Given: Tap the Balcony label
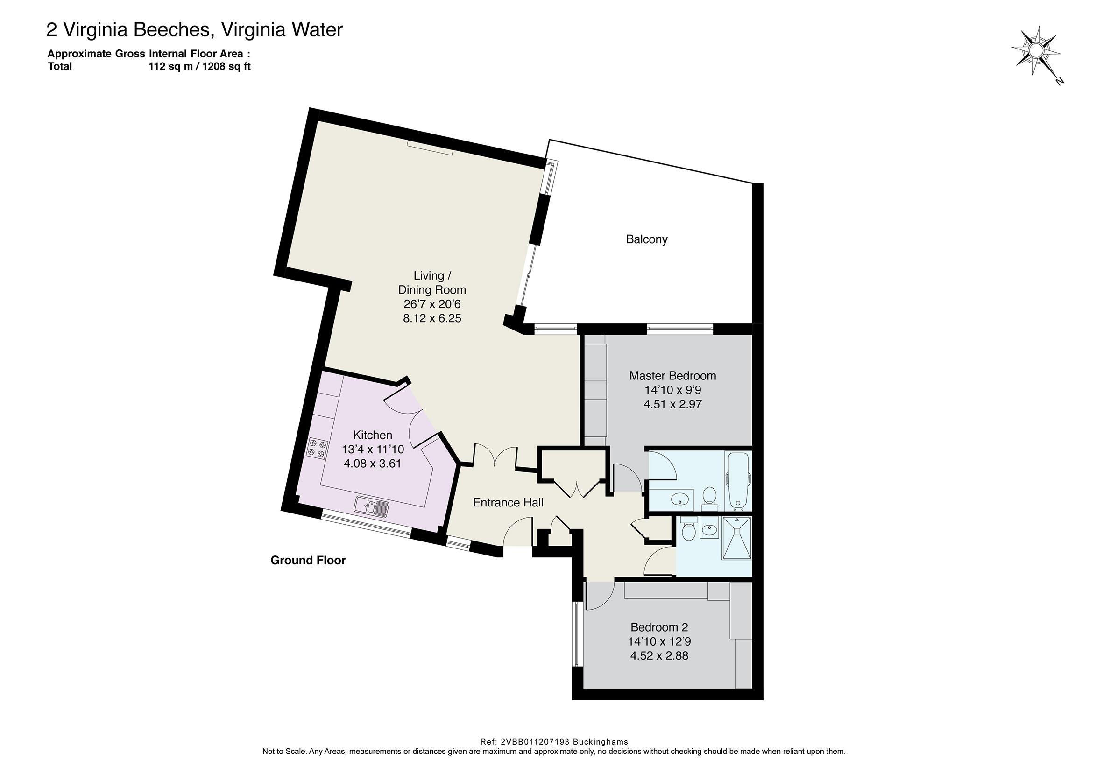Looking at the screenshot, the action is [647, 239].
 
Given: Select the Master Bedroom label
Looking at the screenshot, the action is [672, 376].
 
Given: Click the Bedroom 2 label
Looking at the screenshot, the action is [659, 627].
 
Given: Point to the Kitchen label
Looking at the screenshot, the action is [373, 435].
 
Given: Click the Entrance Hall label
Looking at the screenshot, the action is [508, 502].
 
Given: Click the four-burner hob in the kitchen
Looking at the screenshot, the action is [317, 448].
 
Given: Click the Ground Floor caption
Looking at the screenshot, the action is [308, 560].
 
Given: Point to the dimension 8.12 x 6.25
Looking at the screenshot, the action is [432, 318].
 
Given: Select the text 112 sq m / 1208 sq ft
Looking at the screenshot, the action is [199, 66].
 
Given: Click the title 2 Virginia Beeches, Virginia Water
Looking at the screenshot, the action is [195, 30].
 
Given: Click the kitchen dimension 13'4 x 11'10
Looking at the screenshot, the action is [373, 450].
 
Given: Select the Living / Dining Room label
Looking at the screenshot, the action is [432, 283].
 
